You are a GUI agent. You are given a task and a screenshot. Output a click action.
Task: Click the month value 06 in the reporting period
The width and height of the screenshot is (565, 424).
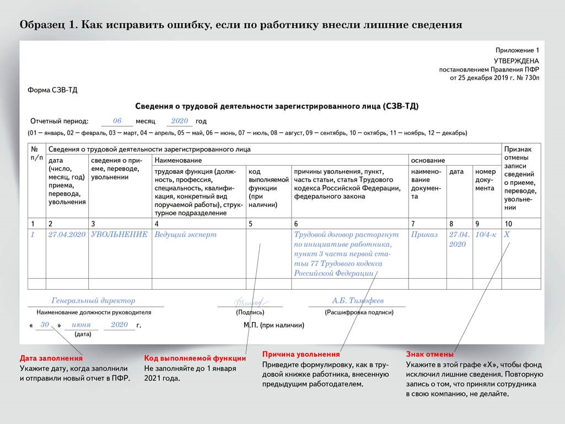(x=117, y=121)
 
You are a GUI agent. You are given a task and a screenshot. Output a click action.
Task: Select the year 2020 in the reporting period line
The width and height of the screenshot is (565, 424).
(x=180, y=121)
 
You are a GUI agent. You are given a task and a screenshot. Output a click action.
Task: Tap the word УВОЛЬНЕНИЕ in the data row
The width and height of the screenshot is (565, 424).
(x=119, y=235)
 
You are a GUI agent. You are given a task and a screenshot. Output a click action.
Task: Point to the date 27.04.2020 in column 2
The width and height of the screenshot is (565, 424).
(x=67, y=235)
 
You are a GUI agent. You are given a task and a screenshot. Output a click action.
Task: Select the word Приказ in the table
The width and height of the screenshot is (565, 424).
(x=424, y=235)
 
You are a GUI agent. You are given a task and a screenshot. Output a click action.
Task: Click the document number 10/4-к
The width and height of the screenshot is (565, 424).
(x=486, y=235)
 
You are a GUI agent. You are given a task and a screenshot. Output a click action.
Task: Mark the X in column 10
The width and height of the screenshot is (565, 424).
(x=507, y=235)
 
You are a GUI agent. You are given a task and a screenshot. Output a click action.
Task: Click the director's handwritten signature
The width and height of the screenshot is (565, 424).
(x=250, y=302)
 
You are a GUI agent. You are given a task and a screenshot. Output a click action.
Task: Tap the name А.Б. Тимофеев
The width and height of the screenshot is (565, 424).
(x=358, y=301)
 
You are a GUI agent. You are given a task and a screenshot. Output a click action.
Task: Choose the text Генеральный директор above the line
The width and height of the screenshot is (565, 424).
(x=93, y=301)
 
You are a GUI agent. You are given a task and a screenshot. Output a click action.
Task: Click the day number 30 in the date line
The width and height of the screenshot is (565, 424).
(x=45, y=325)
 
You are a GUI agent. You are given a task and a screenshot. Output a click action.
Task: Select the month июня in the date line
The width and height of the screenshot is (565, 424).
(x=82, y=325)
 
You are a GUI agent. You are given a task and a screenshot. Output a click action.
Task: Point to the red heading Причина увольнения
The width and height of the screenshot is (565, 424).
(x=301, y=354)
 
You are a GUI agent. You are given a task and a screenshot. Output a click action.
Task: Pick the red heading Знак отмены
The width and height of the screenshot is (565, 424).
(x=430, y=354)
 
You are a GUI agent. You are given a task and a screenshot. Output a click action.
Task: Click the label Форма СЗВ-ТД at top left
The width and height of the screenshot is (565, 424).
(x=52, y=90)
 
